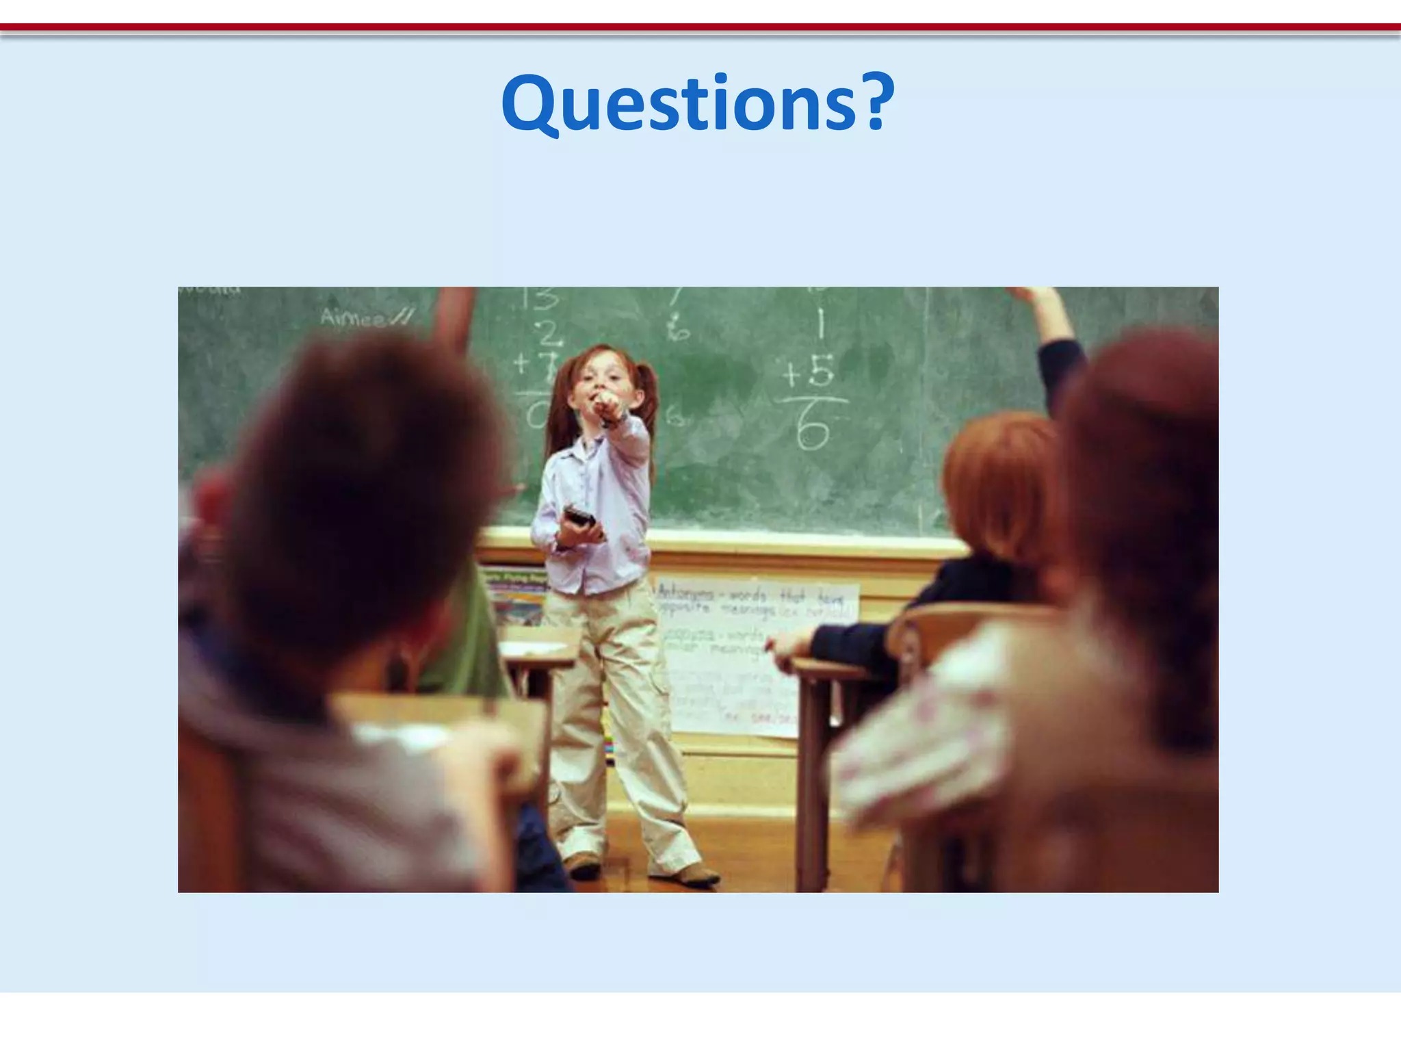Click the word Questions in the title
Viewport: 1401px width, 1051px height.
pyautogui.click(x=677, y=104)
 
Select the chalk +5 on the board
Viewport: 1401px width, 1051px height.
pyautogui.click(x=809, y=374)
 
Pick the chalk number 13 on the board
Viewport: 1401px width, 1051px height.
pyautogui.click(x=540, y=300)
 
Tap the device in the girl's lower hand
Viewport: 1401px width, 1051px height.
pyautogui.click(x=579, y=516)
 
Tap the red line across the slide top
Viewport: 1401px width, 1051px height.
pyautogui.click(x=700, y=28)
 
